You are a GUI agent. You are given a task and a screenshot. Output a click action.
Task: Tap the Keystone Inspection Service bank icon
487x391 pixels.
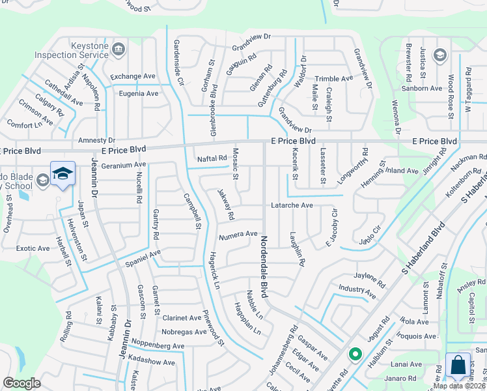(118, 50)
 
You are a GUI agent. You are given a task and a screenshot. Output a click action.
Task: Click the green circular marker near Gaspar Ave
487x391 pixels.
(355, 355)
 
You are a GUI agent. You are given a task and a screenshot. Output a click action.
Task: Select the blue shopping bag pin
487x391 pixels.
(458, 366)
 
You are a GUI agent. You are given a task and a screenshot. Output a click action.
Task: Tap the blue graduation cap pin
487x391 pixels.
(63, 174)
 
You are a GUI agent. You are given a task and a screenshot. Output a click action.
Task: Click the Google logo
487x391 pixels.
(21, 383)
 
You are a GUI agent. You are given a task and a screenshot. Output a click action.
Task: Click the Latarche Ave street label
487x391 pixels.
(292, 205)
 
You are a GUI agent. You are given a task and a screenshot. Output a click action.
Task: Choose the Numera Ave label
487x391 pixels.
(238, 235)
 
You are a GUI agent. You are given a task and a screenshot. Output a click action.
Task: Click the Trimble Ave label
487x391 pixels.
(333, 78)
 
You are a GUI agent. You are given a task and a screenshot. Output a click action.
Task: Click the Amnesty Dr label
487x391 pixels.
(96, 140)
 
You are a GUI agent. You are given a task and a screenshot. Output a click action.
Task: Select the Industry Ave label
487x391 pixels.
(357, 291)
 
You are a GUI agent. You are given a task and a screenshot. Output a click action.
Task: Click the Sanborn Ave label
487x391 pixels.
(422, 89)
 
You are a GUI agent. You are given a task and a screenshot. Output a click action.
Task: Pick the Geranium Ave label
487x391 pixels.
(123, 166)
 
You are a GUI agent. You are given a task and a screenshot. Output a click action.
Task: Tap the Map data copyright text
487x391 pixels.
(459, 386)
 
